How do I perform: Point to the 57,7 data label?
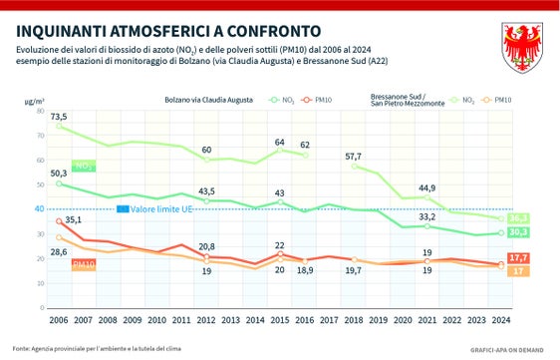[354, 157]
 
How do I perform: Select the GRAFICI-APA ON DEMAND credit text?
[508, 350]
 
